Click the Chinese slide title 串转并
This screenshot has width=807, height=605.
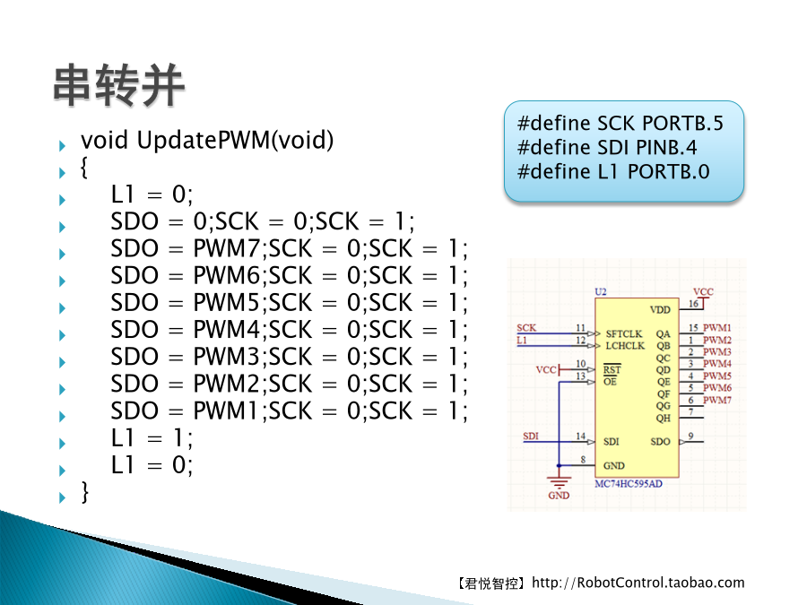pyautogui.click(x=119, y=85)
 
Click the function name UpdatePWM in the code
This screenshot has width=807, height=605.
pyautogui.click(x=204, y=140)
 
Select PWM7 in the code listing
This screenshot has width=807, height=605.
pyautogui.click(x=227, y=248)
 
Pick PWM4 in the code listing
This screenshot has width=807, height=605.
pyautogui.click(x=227, y=330)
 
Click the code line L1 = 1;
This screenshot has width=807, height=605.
pyautogui.click(x=152, y=438)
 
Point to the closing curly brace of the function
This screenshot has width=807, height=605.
pyautogui.click(x=85, y=492)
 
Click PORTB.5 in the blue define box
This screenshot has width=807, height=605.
pyautogui.click(x=682, y=124)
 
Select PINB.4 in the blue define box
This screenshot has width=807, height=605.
pyautogui.click(x=666, y=148)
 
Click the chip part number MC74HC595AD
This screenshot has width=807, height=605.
pyautogui.click(x=629, y=484)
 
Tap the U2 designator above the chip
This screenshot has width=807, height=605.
pyautogui.click(x=601, y=291)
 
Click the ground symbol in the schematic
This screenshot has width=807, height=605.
pyautogui.click(x=559, y=482)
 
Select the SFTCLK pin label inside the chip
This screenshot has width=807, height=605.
pyautogui.click(x=624, y=334)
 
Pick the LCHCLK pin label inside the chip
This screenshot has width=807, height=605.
pyautogui.click(x=625, y=346)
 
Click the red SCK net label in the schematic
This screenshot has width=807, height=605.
pyautogui.click(x=526, y=328)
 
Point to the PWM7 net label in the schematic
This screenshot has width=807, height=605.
pyautogui.click(x=717, y=400)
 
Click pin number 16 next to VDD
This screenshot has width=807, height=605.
pyautogui.click(x=694, y=304)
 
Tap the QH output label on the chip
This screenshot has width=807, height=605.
pyautogui.click(x=663, y=418)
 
